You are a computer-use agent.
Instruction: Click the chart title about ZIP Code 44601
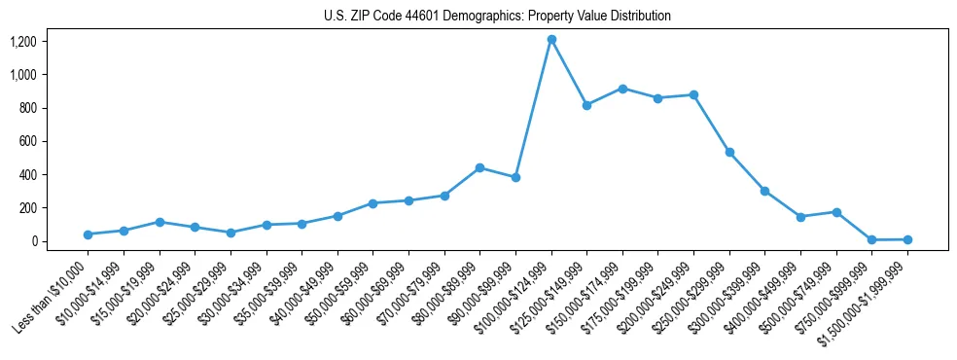click(497, 16)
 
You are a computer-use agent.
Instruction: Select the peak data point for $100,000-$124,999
click(551, 40)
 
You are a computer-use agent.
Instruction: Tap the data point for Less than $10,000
click(89, 234)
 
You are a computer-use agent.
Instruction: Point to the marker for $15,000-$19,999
click(159, 222)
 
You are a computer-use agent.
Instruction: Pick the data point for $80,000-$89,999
click(479, 167)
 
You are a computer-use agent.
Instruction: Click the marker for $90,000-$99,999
click(515, 177)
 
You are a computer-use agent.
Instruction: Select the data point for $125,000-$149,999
click(586, 105)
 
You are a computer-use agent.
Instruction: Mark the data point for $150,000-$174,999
click(622, 89)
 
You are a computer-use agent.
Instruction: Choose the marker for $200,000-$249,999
click(693, 94)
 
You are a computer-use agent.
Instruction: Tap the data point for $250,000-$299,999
click(729, 152)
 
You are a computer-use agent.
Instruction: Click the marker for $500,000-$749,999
click(836, 212)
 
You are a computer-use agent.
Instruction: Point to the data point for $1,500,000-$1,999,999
click(907, 239)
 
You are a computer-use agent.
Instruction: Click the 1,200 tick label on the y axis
click(23, 42)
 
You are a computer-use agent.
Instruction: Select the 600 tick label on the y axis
click(27, 141)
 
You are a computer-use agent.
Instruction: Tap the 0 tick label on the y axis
click(33, 241)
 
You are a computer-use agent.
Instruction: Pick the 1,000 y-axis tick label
click(23, 75)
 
